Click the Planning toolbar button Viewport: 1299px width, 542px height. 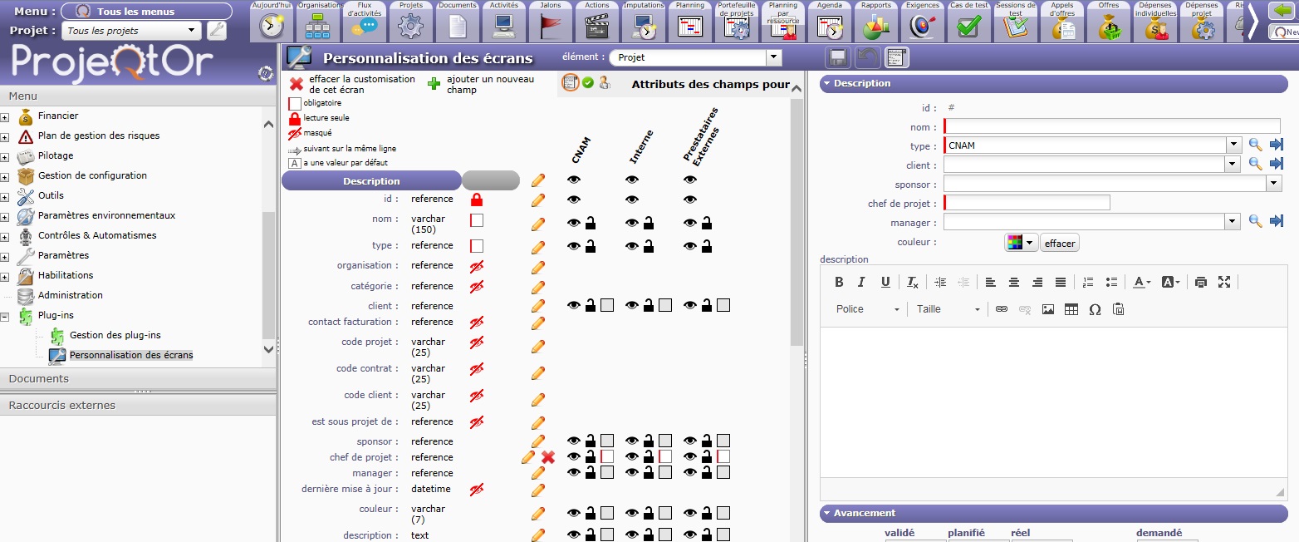[x=690, y=22]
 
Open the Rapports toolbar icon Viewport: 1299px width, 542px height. [x=875, y=22]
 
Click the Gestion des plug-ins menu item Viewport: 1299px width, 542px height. [x=115, y=335]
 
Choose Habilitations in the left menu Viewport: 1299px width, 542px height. [x=66, y=275]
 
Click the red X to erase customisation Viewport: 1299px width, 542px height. [x=297, y=84]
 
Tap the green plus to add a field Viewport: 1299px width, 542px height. [x=434, y=84]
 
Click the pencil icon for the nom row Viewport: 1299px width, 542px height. [x=538, y=224]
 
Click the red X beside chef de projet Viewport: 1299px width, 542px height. [x=548, y=458]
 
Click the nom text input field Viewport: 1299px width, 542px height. [x=1111, y=126]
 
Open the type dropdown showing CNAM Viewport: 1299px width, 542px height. [x=1233, y=145]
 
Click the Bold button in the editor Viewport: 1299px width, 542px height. [x=839, y=282]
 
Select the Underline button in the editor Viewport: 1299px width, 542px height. [x=885, y=282]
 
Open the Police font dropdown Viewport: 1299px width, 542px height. [x=867, y=309]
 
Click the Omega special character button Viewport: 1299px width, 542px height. [x=1095, y=309]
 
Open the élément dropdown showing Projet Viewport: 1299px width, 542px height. [x=773, y=57]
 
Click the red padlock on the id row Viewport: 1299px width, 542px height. [x=477, y=200]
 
